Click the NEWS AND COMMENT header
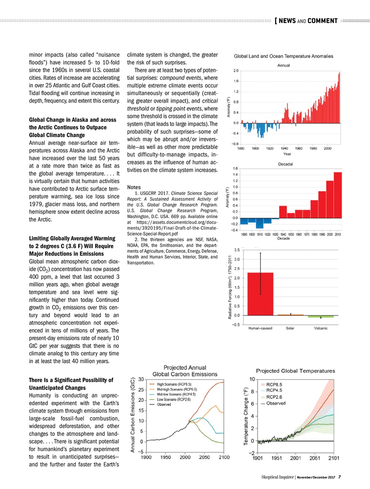[x=308, y=21]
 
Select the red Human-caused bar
[x=260, y=294]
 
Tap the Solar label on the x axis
[x=290, y=328]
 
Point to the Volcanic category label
[x=321, y=328]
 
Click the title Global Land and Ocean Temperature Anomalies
[x=283, y=56]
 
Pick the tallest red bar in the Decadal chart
[x=338, y=195]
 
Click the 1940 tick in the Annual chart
[x=284, y=148]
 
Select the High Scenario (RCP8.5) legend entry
[x=174, y=384]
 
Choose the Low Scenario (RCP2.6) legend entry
[x=174, y=399]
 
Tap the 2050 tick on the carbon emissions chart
[x=204, y=457]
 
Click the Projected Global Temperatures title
[x=295, y=371]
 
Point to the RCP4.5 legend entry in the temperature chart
[x=274, y=390]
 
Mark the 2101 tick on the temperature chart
[x=334, y=458]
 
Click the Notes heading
[x=134, y=187]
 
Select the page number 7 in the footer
[x=339, y=477]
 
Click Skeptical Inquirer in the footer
[x=277, y=477]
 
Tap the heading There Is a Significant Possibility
[x=71, y=380]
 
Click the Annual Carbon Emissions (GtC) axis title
[x=133, y=415]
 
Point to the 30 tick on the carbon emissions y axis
[x=141, y=379]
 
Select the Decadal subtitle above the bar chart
[x=286, y=164]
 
